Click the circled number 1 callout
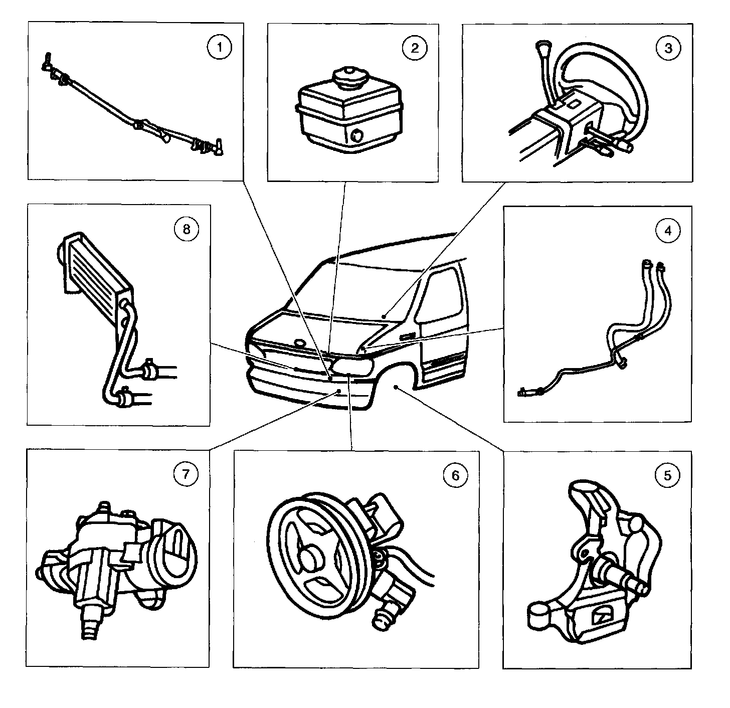[x=219, y=49]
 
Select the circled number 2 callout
[x=414, y=48]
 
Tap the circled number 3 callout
[x=668, y=49]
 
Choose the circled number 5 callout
[x=667, y=475]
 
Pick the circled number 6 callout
[x=455, y=475]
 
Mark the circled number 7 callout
[x=186, y=474]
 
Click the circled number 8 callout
[x=186, y=230]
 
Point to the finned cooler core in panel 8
[x=95, y=266]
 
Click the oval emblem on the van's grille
[x=300, y=343]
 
